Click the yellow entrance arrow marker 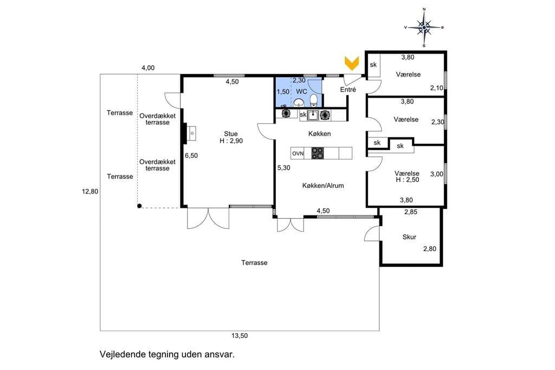[x=352, y=63]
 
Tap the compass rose [x=424, y=27]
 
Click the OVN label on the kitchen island [x=298, y=154]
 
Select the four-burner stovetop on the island [x=317, y=153]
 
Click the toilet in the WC [x=314, y=100]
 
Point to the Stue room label [x=231, y=134]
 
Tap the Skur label [x=409, y=237]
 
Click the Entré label [x=348, y=90]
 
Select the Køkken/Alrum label [x=323, y=186]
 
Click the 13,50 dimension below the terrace [x=240, y=336]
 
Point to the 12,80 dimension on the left [x=90, y=192]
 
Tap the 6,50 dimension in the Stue [x=191, y=156]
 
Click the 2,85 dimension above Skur [x=411, y=212]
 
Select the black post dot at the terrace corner [x=139, y=206]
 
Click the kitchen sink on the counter [x=313, y=115]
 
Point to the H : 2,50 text [x=408, y=180]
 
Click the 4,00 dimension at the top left [x=148, y=68]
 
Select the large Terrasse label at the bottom [x=254, y=263]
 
